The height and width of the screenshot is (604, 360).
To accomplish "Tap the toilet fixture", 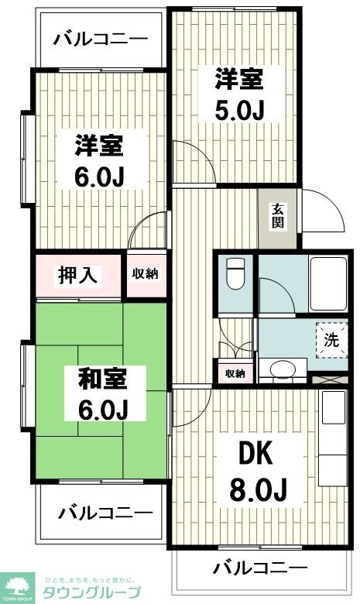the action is click(235, 273).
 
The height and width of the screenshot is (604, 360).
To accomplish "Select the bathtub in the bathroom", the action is click(328, 283).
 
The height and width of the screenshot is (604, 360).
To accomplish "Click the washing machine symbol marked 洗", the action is click(331, 340).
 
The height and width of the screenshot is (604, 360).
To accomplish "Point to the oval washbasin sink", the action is click(283, 369).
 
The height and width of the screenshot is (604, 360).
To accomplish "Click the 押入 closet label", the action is click(77, 276).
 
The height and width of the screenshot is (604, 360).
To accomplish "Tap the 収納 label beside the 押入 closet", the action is click(145, 274).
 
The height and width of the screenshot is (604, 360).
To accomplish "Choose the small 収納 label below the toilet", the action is click(235, 374).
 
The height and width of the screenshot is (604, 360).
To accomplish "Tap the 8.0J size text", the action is click(259, 489).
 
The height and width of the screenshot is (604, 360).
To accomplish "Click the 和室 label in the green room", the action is click(103, 378).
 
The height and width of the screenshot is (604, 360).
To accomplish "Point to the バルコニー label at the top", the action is click(101, 39).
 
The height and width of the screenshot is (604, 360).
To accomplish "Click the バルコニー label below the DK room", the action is click(261, 568).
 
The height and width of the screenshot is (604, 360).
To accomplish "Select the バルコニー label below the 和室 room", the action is click(105, 513).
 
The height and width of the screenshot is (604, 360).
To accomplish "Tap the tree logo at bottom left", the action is click(17, 586).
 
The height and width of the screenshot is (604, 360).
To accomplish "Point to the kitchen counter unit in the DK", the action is click(333, 438).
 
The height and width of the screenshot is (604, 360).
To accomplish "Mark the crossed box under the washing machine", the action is click(330, 379).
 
